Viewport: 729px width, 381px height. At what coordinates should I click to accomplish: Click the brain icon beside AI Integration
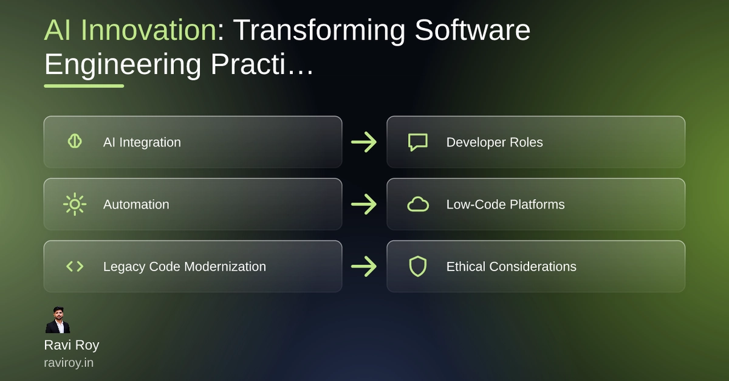(x=75, y=142)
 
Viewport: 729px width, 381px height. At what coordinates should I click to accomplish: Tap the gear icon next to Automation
(x=75, y=204)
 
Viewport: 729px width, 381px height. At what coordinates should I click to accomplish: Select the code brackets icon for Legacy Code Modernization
(x=75, y=266)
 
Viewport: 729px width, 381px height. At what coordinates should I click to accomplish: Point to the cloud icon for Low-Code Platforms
(x=418, y=204)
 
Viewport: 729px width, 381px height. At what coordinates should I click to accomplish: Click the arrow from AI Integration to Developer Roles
(x=364, y=142)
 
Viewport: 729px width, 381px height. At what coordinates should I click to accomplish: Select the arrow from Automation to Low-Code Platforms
(x=364, y=204)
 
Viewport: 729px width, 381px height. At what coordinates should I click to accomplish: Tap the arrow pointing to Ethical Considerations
(x=364, y=266)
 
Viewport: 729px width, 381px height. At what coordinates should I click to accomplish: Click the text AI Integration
(x=142, y=142)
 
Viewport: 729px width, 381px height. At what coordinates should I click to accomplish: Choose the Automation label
(x=136, y=205)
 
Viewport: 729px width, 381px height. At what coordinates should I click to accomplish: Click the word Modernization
(x=225, y=267)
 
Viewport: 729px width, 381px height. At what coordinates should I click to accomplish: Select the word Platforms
(x=537, y=205)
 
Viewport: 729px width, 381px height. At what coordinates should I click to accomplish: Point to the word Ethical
(x=466, y=267)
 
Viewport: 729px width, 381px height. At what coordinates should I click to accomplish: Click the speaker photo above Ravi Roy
(x=58, y=320)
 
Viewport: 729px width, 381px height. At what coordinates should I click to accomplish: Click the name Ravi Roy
(x=72, y=345)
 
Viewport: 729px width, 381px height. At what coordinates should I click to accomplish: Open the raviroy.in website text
(x=69, y=363)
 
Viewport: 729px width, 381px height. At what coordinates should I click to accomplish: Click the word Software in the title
(x=473, y=30)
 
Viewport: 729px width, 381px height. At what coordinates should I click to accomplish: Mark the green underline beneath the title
(x=84, y=86)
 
